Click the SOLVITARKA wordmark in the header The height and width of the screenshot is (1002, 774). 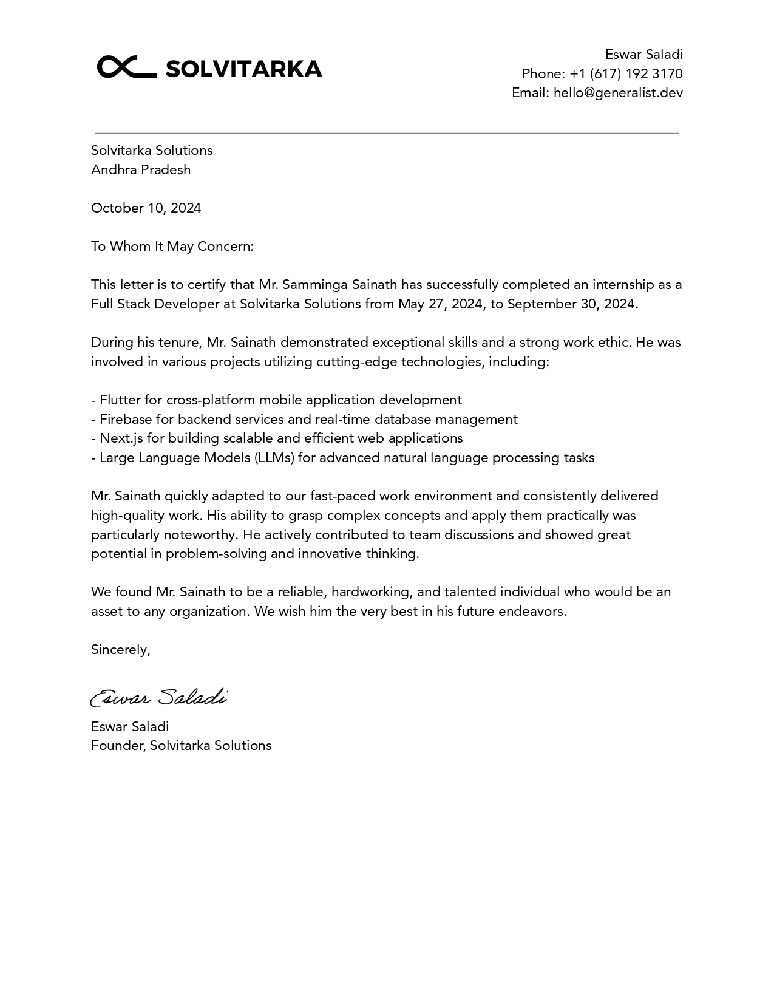(x=243, y=69)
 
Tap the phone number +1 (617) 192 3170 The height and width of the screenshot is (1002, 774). (x=626, y=73)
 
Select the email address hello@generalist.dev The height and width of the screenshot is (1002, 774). (x=618, y=92)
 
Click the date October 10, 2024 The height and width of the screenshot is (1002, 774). (x=146, y=208)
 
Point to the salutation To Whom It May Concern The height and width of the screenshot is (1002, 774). (x=172, y=246)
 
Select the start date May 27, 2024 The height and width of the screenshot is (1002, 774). (x=441, y=304)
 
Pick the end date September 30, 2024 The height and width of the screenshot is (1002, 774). (x=571, y=304)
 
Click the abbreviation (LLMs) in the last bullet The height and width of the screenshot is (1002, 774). (x=274, y=457)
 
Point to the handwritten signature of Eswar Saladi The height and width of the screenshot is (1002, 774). (x=159, y=697)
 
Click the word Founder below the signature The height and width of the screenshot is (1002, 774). (x=118, y=745)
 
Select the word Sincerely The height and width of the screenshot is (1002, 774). (x=120, y=649)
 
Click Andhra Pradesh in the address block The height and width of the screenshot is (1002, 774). (x=141, y=169)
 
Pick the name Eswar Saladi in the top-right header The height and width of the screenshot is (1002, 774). (x=643, y=54)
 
